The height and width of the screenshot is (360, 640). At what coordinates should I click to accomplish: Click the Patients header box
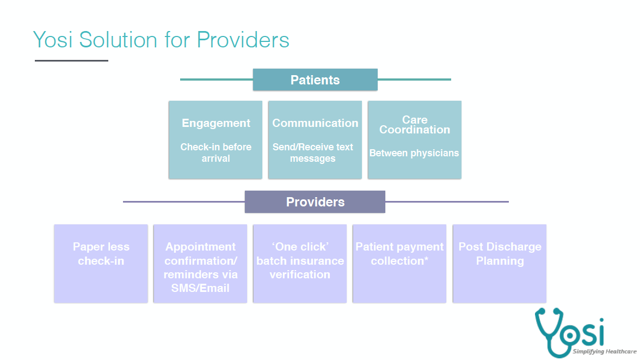pos(315,80)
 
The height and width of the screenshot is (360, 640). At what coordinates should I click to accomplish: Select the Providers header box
pos(315,202)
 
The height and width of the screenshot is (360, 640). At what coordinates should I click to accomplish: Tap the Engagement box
pos(216,140)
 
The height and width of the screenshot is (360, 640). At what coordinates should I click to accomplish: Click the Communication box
pos(315,140)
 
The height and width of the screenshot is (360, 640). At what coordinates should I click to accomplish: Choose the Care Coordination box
pos(415,140)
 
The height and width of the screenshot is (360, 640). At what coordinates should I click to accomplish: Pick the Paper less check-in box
pos(101,264)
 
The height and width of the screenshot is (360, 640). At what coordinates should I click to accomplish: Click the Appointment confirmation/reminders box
pos(200,264)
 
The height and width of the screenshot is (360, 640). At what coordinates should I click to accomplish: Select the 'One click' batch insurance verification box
pos(300,264)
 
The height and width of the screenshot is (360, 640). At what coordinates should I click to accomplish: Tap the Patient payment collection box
pos(399,264)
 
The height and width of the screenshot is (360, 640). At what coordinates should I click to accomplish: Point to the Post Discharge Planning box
pos(500,264)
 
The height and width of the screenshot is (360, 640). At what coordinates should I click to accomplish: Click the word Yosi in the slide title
pos(53,40)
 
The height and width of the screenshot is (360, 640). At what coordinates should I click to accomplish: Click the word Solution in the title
pos(119,40)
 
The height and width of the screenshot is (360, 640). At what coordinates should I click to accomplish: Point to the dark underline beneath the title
pos(71,61)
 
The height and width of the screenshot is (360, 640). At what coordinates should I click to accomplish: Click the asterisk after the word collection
pos(426,259)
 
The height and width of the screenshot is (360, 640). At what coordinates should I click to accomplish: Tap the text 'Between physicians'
pos(414,153)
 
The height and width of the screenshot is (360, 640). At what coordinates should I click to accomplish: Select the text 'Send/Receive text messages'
pos(312,153)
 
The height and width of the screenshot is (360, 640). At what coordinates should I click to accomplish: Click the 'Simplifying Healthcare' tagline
pos(605,351)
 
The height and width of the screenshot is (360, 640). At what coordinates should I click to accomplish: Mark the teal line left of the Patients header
pos(217,80)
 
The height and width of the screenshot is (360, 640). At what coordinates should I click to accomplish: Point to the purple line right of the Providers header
pos(447,202)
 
